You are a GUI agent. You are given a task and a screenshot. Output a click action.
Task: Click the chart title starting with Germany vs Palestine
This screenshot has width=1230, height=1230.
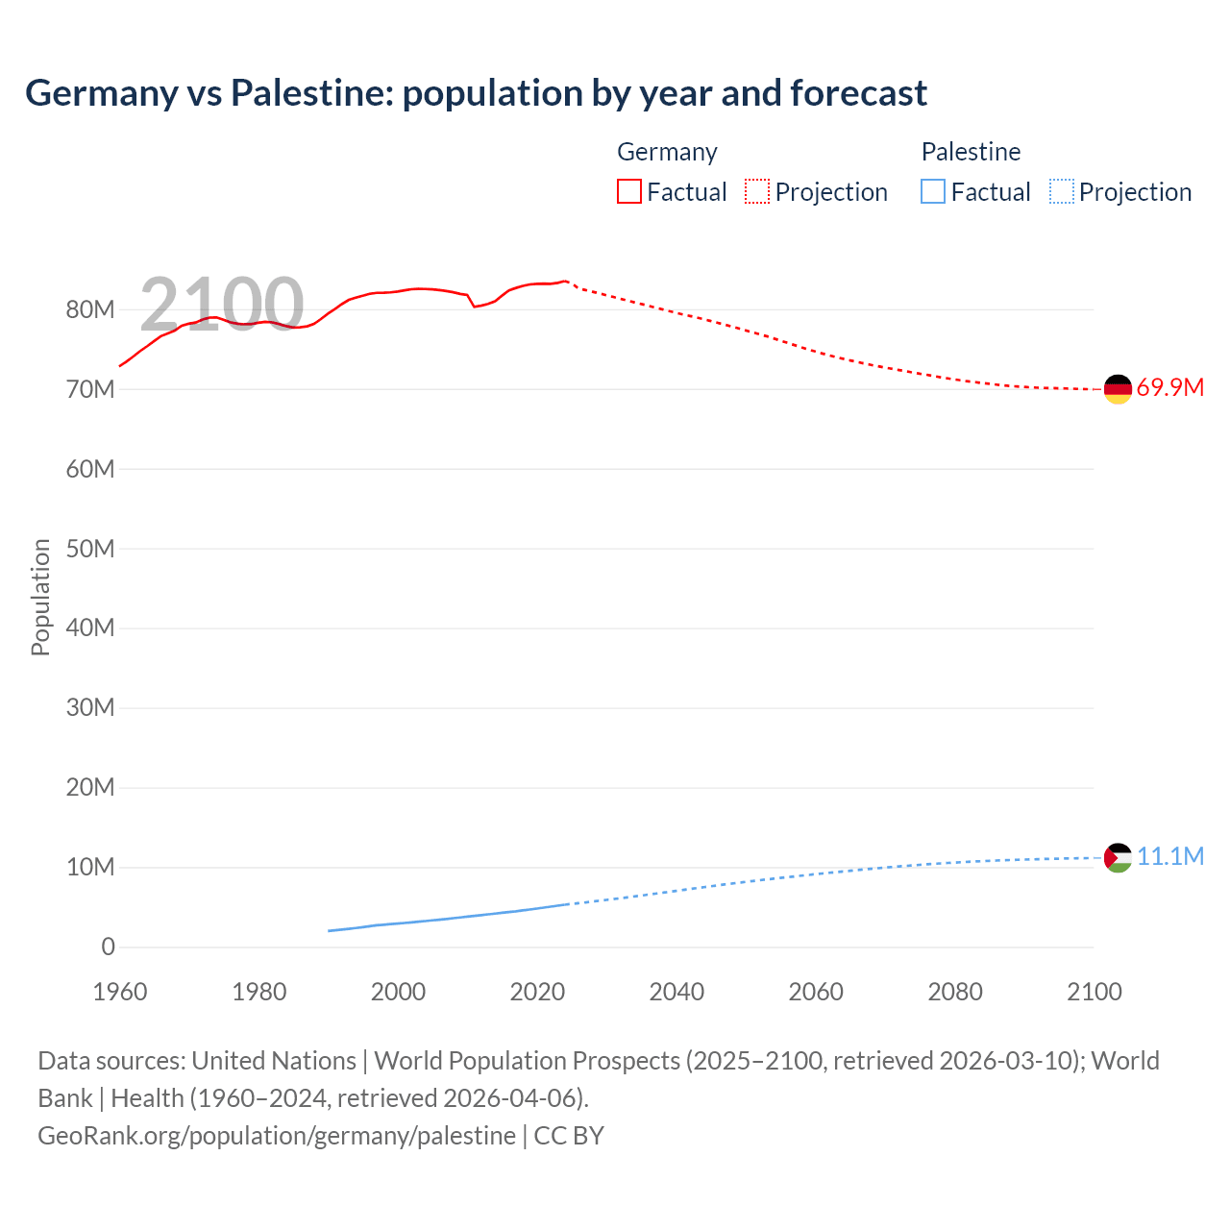[x=476, y=93]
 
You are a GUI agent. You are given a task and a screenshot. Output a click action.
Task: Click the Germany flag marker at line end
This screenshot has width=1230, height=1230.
[x=1118, y=389]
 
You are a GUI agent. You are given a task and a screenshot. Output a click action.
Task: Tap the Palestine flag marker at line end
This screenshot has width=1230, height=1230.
[x=1118, y=857]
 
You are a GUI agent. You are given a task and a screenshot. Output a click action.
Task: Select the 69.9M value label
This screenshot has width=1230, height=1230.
[x=1169, y=388]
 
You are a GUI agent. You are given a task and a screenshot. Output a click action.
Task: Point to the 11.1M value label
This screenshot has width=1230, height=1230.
[x=1169, y=856]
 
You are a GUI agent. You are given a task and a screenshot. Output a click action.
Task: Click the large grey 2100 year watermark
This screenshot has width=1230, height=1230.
[x=222, y=304]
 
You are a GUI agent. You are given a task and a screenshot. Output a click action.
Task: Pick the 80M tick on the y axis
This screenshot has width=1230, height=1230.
[x=90, y=309]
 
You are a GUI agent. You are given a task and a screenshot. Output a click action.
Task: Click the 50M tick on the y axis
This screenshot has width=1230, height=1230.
[x=90, y=549]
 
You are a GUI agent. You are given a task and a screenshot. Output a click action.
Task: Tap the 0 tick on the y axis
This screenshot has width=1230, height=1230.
[x=108, y=947]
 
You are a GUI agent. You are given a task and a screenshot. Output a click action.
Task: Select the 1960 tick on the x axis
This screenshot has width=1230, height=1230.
[x=120, y=992]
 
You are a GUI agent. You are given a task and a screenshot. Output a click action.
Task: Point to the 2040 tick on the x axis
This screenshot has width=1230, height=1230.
[x=676, y=992]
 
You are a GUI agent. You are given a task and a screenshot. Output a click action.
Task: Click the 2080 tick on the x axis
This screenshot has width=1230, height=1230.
[x=955, y=992]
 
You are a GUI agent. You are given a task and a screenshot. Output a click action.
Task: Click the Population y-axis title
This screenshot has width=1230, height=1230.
[x=40, y=597]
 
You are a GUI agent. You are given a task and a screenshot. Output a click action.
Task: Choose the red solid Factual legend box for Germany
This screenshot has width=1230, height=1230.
[x=629, y=192]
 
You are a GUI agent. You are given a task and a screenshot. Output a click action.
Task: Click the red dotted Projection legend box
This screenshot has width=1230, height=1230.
[x=757, y=192]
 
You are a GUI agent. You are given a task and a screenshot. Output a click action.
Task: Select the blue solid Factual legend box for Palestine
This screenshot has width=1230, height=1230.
[x=933, y=192]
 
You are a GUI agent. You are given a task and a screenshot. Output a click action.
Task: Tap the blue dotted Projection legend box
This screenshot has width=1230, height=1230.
[x=1062, y=192]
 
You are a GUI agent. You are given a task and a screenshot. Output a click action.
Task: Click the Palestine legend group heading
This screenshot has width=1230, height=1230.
[x=971, y=152]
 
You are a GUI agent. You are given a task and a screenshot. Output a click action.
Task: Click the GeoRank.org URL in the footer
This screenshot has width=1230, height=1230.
[x=277, y=1135]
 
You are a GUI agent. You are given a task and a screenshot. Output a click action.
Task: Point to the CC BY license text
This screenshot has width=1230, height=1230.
[x=569, y=1135]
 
